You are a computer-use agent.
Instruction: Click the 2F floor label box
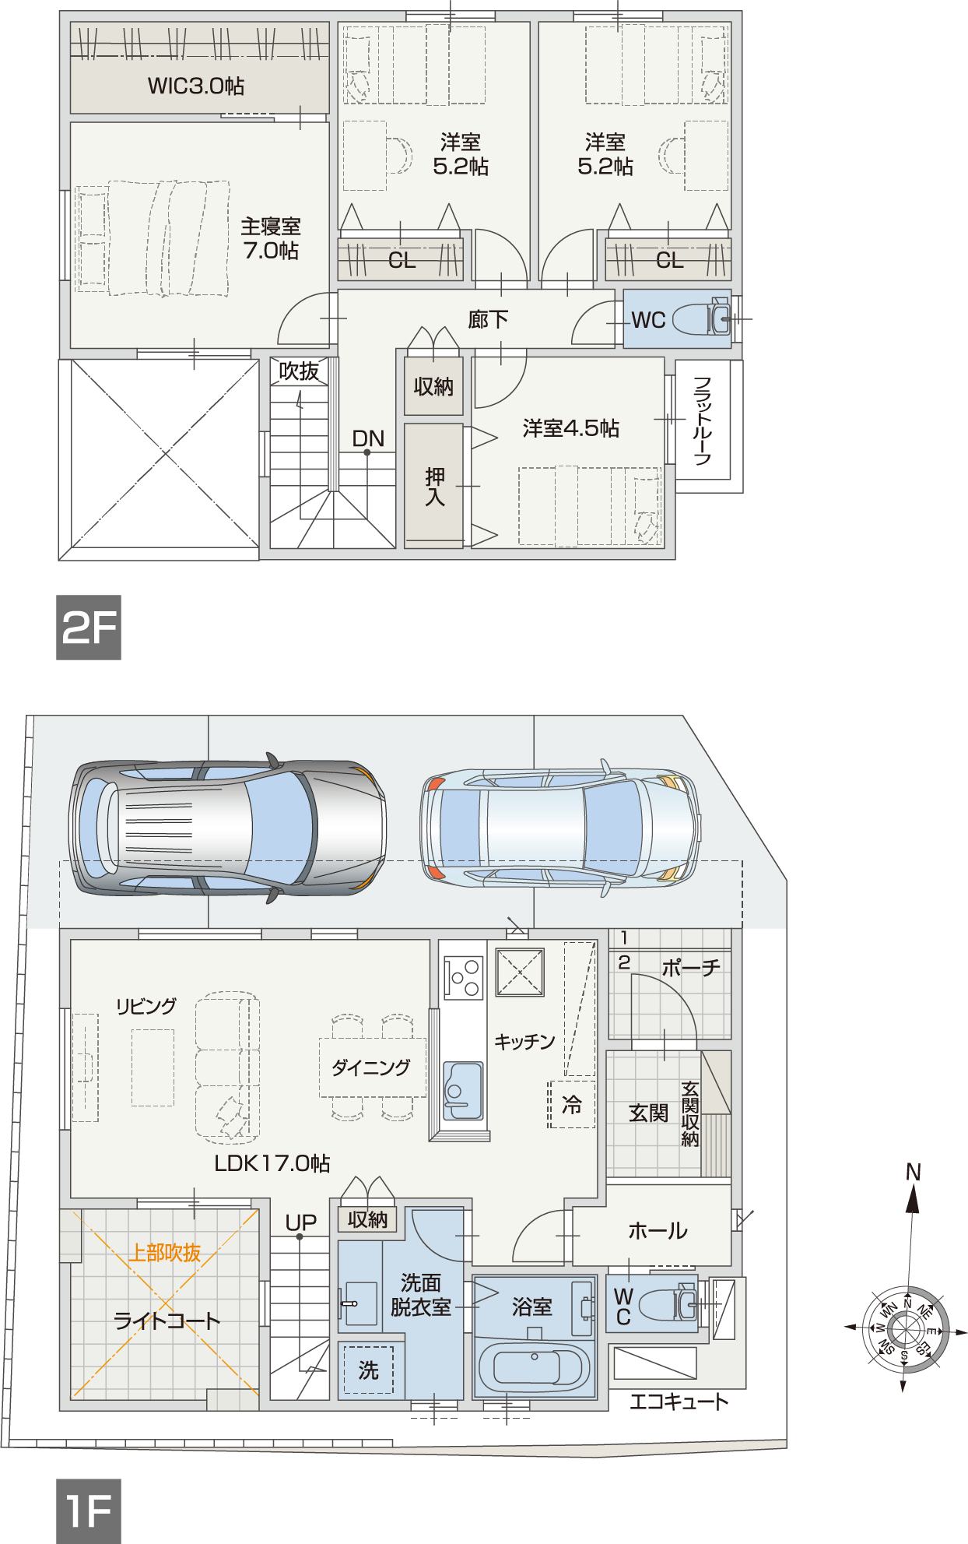click(x=89, y=628)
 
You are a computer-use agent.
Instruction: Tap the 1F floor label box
click(x=89, y=1511)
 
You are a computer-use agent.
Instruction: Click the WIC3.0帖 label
click(x=196, y=86)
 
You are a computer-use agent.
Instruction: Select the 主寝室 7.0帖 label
click(x=271, y=238)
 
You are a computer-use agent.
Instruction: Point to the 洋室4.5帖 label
click(x=571, y=428)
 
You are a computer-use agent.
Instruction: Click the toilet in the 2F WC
click(x=701, y=319)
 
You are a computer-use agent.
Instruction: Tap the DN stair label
click(x=368, y=439)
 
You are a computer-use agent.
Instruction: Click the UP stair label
click(x=301, y=1223)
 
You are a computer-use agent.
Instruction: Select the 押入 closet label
click(x=435, y=487)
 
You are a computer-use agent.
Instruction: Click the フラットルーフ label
click(x=703, y=421)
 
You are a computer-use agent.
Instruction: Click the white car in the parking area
click(x=560, y=828)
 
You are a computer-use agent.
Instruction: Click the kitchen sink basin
click(x=463, y=1091)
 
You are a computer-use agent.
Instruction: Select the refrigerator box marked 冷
click(x=572, y=1104)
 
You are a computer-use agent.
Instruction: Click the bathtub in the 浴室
click(x=535, y=1368)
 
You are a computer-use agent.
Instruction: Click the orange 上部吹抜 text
click(x=164, y=1253)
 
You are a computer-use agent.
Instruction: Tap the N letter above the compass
click(x=914, y=1172)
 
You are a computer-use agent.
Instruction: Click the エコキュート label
click(x=679, y=1402)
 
